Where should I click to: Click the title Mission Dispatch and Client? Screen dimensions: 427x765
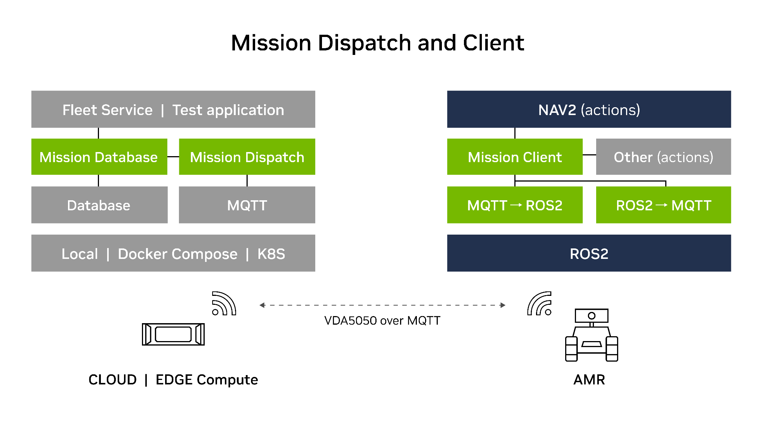pyautogui.click(x=377, y=43)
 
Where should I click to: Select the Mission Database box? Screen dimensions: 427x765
pyautogui.click(x=99, y=157)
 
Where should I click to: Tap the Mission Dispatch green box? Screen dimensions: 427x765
pyautogui.click(x=247, y=157)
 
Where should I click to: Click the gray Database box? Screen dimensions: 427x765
pyautogui.click(x=99, y=205)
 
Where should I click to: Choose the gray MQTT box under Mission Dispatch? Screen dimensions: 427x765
pyautogui.click(x=247, y=205)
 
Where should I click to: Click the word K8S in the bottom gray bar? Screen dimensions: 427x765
pyautogui.click(x=271, y=254)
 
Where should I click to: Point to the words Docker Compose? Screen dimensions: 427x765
pyautogui.click(x=177, y=254)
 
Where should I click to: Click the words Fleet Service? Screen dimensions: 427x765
pyautogui.click(x=107, y=110)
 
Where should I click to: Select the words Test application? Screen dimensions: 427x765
pyautogui.click(x=228, y=110)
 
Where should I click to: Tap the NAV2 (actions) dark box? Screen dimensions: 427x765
pyautogui.click(x=589, y=109)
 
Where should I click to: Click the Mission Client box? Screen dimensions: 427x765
pyautogui.click(x=514, y=157)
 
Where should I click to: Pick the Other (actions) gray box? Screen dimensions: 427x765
pyautogui.click(x=663, y=157)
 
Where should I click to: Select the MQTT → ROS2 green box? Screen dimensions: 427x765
pyautogui.click(x=514, y=205)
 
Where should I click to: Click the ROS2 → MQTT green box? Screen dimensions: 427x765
pyautogui.click(x=663, y=205)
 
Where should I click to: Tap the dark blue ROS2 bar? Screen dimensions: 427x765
pyautogui.click(x=589, y=253)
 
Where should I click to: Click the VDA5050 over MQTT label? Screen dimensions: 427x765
pyautogui.click(x=382, y=321)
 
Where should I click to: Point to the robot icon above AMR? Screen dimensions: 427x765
pyautogui.click(x=591, y=335)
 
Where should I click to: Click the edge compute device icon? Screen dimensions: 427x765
pyautogui.click(x=173, y=334)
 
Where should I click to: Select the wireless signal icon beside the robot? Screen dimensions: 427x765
pyautogui.click(x=539, y=303)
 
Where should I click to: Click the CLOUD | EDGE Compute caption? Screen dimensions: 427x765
pyautogui.click(x=173, y=380)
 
